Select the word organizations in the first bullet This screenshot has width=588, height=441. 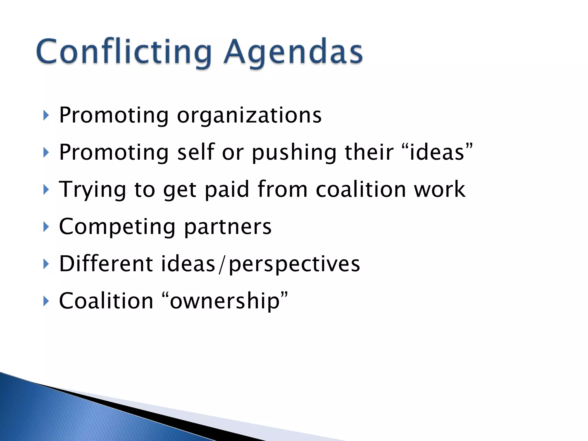(249, 115)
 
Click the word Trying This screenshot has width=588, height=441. (92, 189)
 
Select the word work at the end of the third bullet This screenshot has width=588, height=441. (439, 189)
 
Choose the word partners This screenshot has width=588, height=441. (227, 227)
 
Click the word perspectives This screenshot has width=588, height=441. (294, 264)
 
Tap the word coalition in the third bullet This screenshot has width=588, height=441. (361, 189)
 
